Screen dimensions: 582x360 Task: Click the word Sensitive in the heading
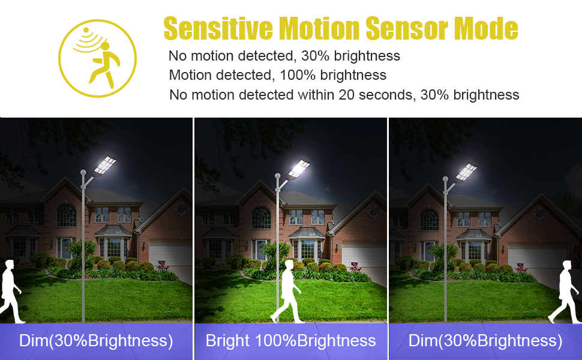pos(218,28)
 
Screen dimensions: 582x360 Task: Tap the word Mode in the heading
pos(486,28)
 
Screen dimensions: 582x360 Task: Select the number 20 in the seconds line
pos(346,95)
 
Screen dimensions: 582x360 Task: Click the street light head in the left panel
pos(104,166)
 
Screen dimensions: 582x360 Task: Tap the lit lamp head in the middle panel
pos(298,169)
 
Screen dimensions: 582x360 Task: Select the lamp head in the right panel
pos(465,173)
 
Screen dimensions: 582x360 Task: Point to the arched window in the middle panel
pos(262,218)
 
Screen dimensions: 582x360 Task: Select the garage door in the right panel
pos(538,256)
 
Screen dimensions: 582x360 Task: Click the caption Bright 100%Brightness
pos(290,341)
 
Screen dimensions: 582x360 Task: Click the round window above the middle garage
pos(374,213)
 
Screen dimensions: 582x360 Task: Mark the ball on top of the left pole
pos(83,172)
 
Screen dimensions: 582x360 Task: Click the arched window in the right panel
pos(430,220)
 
